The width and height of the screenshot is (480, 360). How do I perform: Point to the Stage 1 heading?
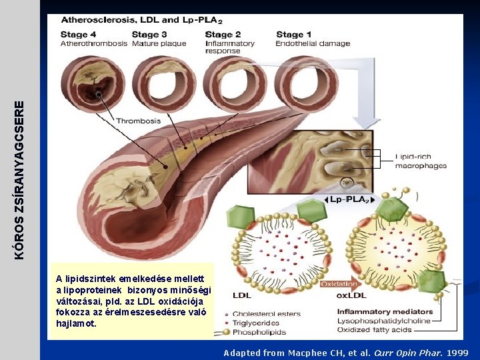coord(294,35)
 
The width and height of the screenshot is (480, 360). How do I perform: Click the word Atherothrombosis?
coord(94,44)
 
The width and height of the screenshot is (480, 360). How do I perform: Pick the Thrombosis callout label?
coord(139,121)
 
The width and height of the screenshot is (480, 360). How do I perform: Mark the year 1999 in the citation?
coord(457,353)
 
